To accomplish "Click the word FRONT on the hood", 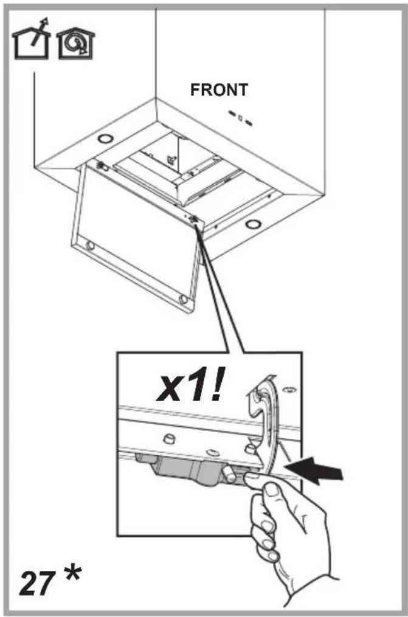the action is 219,90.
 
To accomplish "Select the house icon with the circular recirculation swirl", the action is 76,44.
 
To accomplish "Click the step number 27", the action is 36,584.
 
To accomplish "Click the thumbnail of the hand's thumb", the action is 271,490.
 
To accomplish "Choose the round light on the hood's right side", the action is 253,224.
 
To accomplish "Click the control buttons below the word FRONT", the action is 240,118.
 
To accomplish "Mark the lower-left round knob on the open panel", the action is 90,246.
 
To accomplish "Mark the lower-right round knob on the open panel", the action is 183,300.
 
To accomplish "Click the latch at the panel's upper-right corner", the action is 194,219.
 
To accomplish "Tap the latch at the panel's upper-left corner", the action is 102,166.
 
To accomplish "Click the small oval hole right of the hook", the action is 290,390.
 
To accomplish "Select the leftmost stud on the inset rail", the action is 169,437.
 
